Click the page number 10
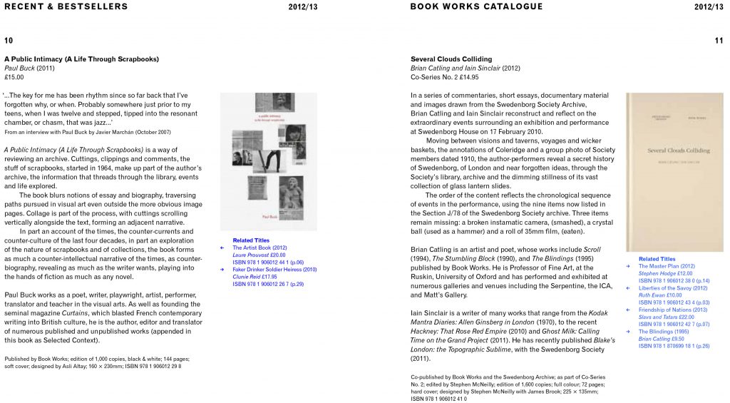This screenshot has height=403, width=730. tap(9, 41)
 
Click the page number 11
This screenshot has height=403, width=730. tap(719, 41)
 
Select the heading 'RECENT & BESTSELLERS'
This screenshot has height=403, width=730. tap(66, 6)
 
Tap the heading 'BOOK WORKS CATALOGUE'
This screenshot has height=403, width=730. tap(476, 6)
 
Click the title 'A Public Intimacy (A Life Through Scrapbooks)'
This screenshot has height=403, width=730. tap(81, 58)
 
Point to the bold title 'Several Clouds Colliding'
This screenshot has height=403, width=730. tap(451, 58)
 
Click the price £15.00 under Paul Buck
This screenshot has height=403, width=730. tap(14, 77)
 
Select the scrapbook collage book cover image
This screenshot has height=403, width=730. tap(268, 161)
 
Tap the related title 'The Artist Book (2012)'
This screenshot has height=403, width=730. tap(259, 248)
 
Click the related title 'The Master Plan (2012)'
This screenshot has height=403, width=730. tap(667, 266)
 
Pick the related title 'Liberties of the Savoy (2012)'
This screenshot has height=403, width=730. tap(674, 288)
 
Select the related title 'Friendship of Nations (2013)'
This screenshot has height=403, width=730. tap(674, 310)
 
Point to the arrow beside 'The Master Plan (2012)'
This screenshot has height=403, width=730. tap(627, 266)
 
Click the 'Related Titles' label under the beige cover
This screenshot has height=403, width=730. tap(657, 259)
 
